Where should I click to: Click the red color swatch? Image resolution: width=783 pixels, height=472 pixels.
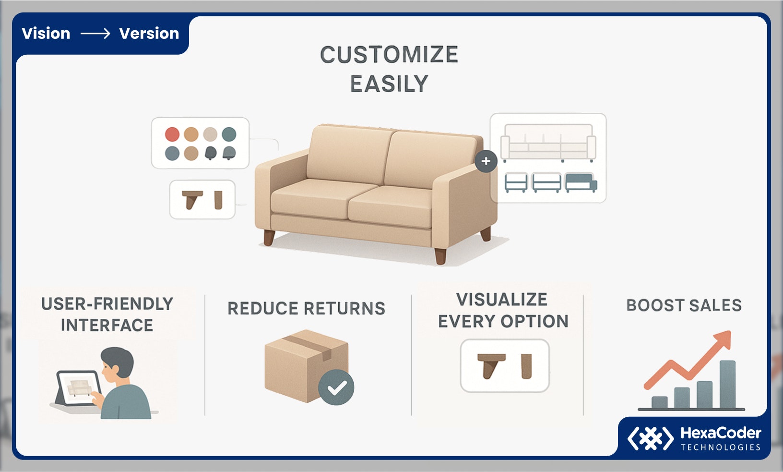(x=172, y=134)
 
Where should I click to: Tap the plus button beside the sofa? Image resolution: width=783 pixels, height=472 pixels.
(x=486, y=161)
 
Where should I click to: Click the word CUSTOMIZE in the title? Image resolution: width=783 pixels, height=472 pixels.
(x=389, y=55)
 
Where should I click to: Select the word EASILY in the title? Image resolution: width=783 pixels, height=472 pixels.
(x=389, y=84)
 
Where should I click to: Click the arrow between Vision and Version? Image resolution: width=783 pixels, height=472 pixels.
(x=95, y=34)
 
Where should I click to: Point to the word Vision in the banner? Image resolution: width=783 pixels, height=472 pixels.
(x=46, y=34)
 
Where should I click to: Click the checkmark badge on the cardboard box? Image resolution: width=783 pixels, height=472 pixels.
(x=336, y=387)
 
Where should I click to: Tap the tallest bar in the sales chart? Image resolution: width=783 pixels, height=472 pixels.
(x=727, y=384)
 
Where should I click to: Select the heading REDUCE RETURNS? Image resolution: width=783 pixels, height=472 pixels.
(x=306, y=308)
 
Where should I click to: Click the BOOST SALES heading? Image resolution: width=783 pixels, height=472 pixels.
(x=684, y=305)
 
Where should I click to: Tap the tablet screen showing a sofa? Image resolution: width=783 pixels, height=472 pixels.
(x=79, y=388)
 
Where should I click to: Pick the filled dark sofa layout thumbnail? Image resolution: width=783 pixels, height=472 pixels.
(x=581, y=182)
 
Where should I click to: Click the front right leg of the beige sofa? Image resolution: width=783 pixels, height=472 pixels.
(x=440, y=256)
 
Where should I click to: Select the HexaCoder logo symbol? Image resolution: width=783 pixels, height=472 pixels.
(x=650, y=438)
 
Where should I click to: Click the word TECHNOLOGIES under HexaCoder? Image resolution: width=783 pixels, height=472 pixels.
(x=721, y=447)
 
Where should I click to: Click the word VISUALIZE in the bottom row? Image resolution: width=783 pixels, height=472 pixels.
(x=502, y=300)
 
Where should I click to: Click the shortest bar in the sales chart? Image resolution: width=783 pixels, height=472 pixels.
(x=660, y=402)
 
